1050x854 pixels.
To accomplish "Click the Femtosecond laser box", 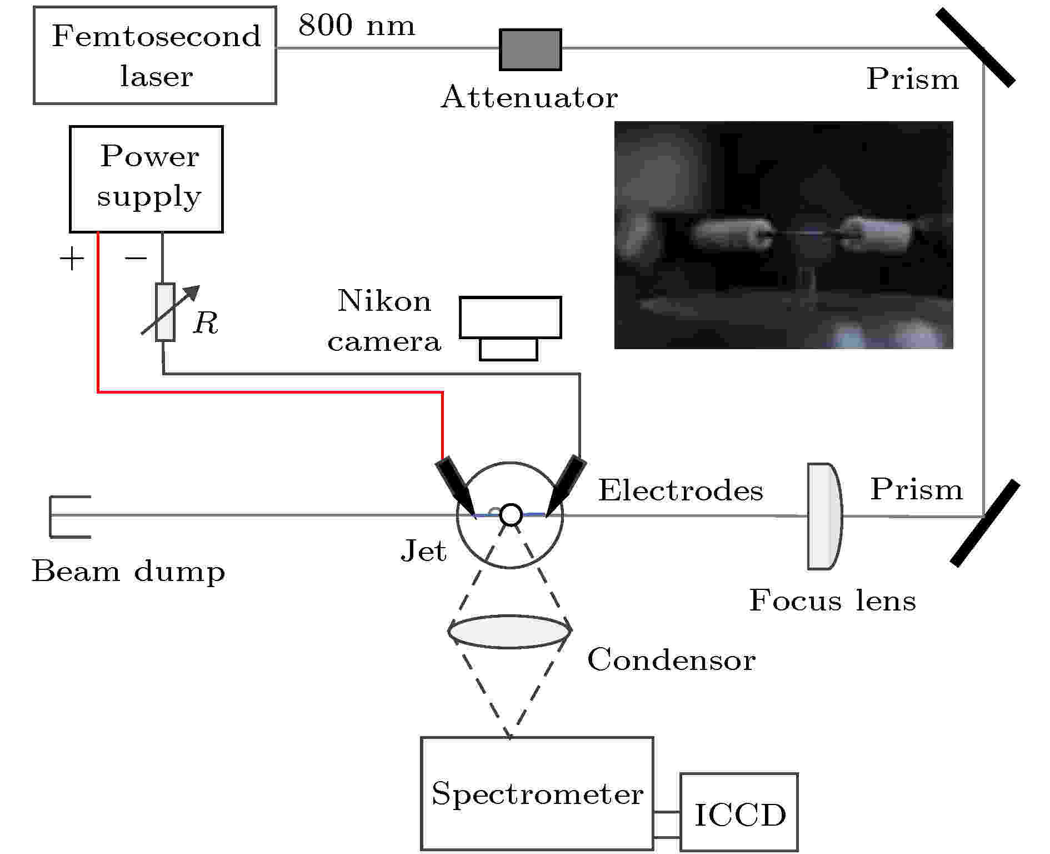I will (x=155, y=56).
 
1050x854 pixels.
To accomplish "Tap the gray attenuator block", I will (x=530, y=50).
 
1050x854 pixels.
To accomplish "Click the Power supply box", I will (x=146, y=179).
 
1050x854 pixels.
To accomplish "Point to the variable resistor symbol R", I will (x=166, y=312).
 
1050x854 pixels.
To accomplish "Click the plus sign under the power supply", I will (x=72, y=259).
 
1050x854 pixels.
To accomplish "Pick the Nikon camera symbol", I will (x=510, y=327).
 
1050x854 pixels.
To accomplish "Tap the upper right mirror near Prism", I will (x=976, y=48).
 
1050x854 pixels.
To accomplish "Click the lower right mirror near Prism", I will (x=985, y=523).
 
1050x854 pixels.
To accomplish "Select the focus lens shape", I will (x=824, y=517).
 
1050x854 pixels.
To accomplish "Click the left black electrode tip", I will (x=456, y=487).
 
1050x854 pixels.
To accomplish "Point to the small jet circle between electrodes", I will (x=511, y=515).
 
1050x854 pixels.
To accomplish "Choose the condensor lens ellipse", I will (x=509, y=632).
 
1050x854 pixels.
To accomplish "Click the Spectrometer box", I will (x=537, y=793).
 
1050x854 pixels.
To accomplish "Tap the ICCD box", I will (x=739, y=812).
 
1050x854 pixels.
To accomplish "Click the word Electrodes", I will (x=681, y=491).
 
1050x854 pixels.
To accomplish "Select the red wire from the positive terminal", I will (x=267, y=393).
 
